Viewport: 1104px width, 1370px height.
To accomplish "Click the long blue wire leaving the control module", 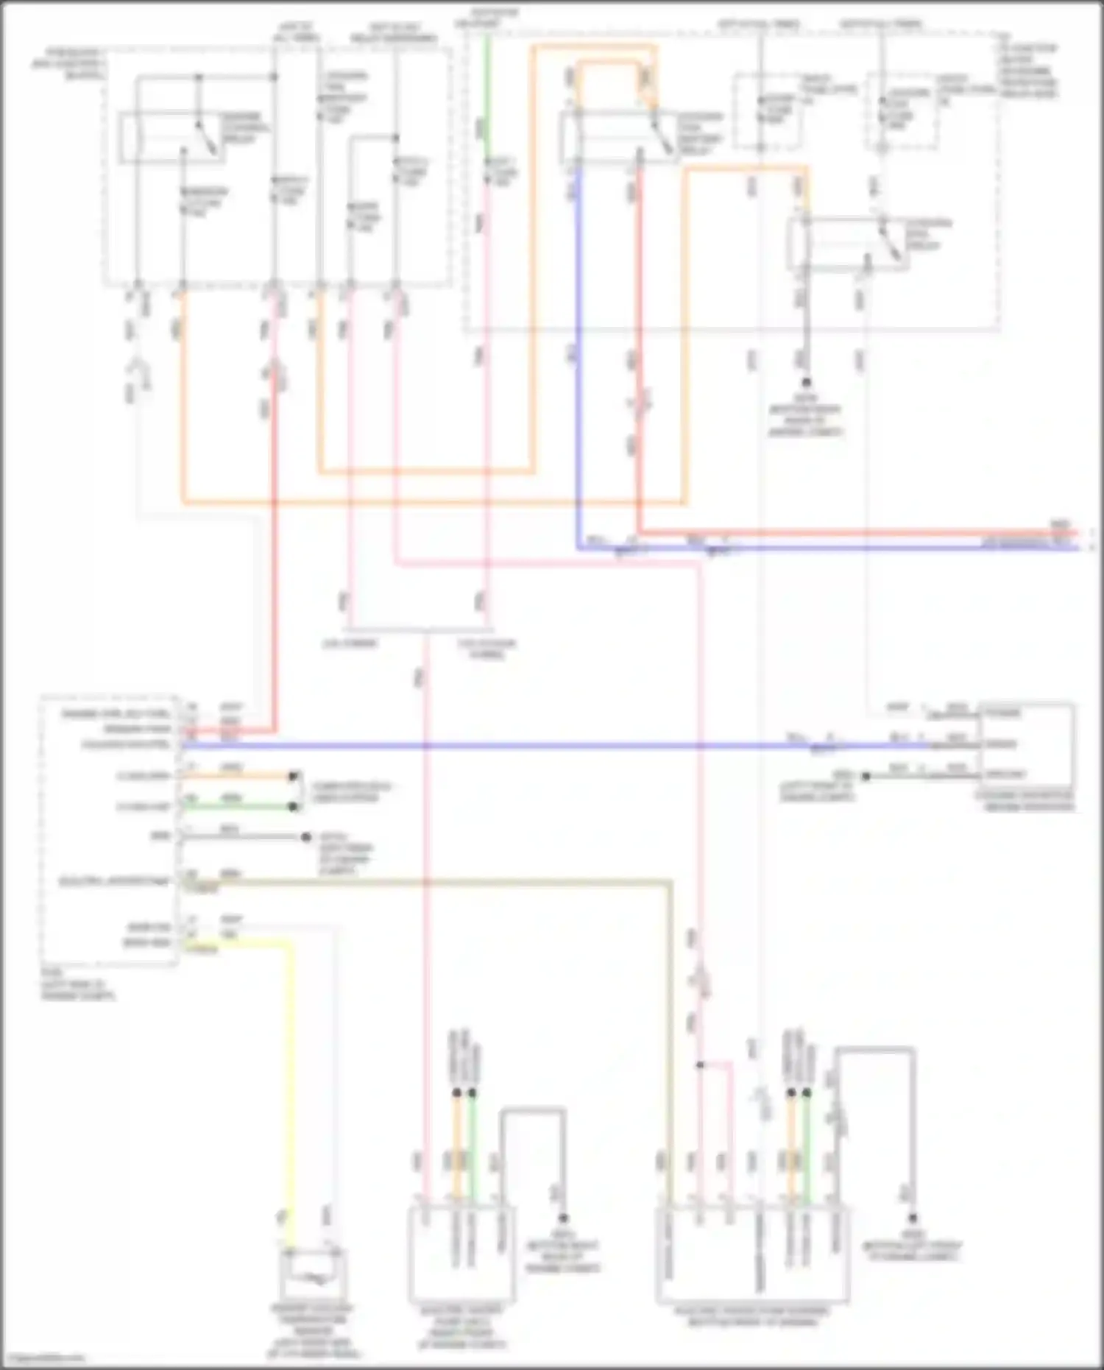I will tap(515, 746).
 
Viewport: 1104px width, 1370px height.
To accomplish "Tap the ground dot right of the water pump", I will tap(563, 1218).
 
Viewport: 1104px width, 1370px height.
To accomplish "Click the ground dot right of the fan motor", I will tap(912, 1218).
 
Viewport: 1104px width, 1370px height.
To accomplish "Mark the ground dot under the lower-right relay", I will tap(806, 382).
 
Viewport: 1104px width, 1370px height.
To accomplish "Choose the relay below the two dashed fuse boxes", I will tap(846, 244).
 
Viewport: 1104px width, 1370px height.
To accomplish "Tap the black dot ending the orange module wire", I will tap(294, 776).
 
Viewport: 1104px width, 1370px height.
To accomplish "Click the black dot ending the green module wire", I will tap(294, 807).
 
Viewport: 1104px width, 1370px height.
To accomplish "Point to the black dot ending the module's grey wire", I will tap(306, 837).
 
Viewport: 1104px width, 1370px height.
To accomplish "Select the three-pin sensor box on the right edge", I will tap(1026, 745).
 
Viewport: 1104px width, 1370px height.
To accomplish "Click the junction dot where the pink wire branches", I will tap(700, 1064).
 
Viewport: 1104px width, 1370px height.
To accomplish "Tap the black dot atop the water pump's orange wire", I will tap(456, 1093).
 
